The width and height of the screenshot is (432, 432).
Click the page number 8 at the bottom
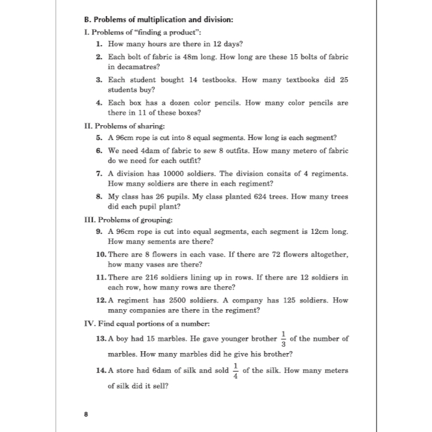86,414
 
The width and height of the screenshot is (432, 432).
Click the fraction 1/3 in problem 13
283,338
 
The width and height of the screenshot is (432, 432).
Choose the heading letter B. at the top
87,19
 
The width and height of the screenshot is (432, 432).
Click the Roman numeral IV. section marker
90,323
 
